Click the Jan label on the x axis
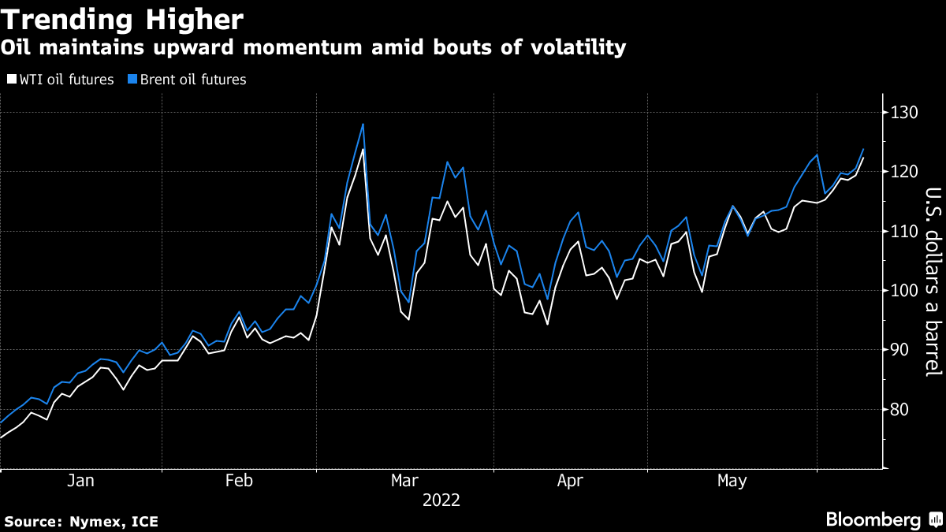[x=81, y=481]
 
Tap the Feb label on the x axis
[x=239, y=481]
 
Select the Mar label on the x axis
[x=404, y=481]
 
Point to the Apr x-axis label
[x=570, y=481]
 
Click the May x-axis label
[x=731, y=481]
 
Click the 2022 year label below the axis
[x=441, y=500]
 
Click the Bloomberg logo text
[x=873, y=520]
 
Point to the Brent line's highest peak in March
[x=363, y=124]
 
